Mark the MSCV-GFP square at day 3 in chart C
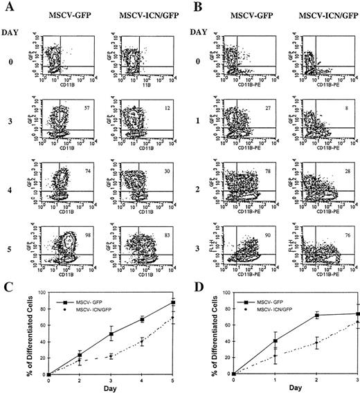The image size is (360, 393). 111,334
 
